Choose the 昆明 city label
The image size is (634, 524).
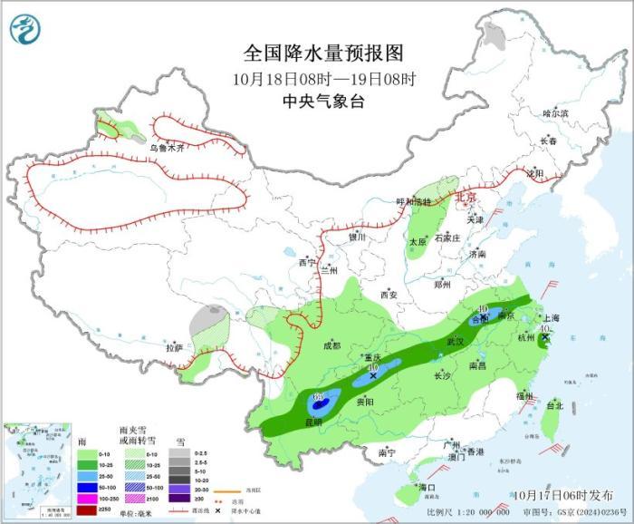312,422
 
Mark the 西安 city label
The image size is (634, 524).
389,294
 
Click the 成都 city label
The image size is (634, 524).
331,345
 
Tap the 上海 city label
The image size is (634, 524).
550,318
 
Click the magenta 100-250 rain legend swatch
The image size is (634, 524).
88,496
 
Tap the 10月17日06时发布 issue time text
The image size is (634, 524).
562,495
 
